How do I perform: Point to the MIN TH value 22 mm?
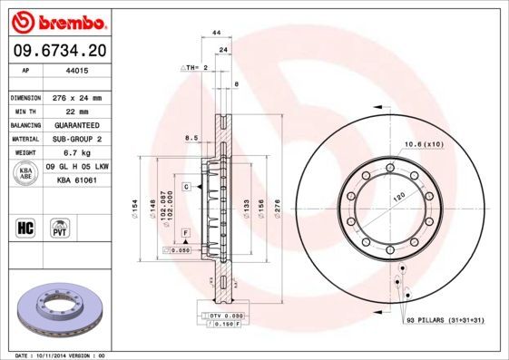tap(73, 111)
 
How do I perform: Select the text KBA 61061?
tap(76, 180)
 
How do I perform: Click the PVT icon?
tap(61, 227)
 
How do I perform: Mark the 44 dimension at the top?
tap(217, 34)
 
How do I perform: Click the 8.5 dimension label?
tap(191, 138)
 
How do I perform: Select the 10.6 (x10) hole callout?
tap(423, 144)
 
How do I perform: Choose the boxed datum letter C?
tap(185, 186)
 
